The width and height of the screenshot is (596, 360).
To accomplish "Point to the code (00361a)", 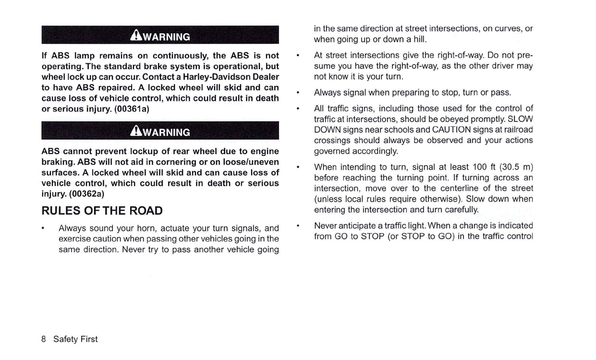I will pos(132,108).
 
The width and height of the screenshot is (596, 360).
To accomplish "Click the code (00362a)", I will pos(86,194).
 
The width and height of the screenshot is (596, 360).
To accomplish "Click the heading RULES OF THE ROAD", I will pos(102,211).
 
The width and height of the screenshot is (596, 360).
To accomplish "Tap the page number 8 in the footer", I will pos(44,339).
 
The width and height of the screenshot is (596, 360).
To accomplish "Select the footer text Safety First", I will pos(75,339).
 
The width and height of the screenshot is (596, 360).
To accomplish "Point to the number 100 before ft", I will pos(480,167).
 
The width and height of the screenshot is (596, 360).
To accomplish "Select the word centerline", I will pos(468,188).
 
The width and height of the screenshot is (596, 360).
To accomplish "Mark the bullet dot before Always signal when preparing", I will pos(299,92).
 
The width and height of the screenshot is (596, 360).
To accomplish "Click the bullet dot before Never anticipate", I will pos(299,226).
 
